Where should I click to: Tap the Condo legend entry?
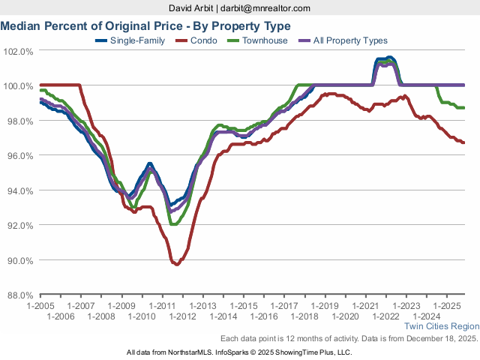(203, 40)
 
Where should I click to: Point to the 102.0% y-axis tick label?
(18, 52)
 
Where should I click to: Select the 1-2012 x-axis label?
(182, 316)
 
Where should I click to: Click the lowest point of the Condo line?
(176, 265)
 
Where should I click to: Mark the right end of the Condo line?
(464, 142)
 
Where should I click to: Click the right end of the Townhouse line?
(464, 108)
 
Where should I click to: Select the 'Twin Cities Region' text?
(441, 326)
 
